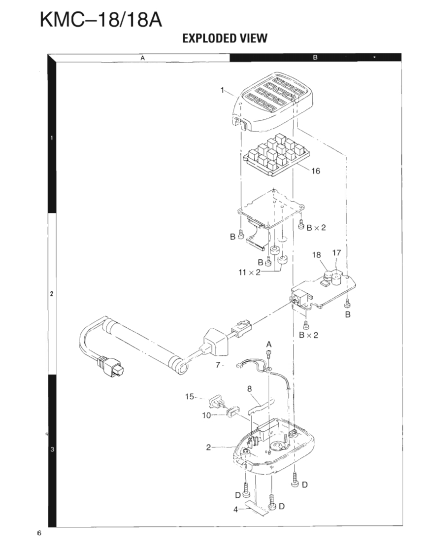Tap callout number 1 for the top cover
pos(223,90)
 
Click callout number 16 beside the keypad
pos(316,171)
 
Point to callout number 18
pos(317,255)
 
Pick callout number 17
pos(337,252)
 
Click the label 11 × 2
pos(251,273)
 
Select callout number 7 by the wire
pos(217,365)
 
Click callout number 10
pos(206,415)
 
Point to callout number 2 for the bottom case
pos(209,447)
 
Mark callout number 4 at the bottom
pos(236,510)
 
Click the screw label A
pos(269,343)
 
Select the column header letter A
pos(142,58)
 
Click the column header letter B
pos(315,58)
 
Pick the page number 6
pos(39,534)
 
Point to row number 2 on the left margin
pos(52,294)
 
